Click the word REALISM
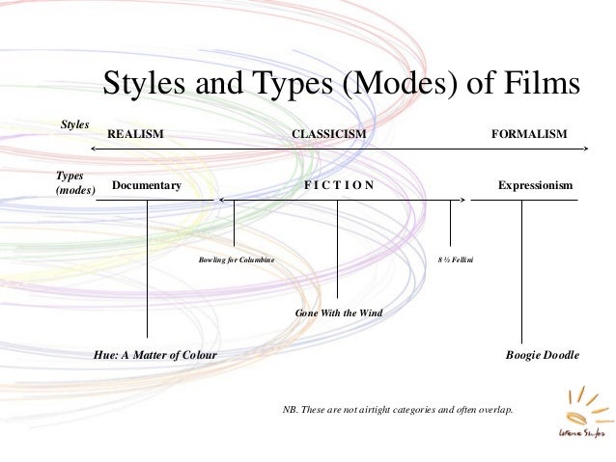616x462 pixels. click(135, 134)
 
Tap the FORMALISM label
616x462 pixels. click(529, 134)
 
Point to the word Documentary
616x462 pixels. click(146, 184)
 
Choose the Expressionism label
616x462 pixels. click(535, 184)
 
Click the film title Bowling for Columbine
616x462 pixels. click(236, 259)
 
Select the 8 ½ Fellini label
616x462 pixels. click(451, 259)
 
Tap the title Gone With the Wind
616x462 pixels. click(338, 313)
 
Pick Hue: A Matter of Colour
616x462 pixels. click(154, 355)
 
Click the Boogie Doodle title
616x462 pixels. click(542, 355)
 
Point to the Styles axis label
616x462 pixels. click(74, 124)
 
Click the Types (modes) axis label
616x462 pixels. click(75, 184)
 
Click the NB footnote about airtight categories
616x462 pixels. click(398, 409)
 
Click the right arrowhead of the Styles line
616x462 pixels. click(585, 148)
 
